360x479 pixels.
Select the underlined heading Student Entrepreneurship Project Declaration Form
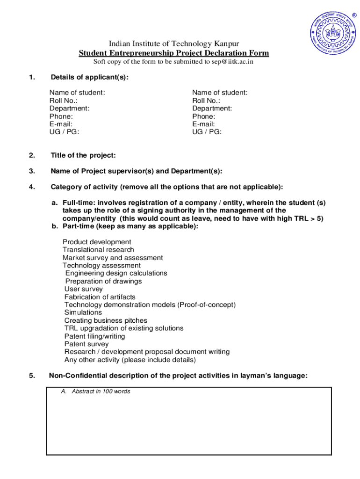tap(173, 53)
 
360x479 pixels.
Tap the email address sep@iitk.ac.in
tap(232, 62)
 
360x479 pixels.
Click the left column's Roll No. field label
tap(63, 101)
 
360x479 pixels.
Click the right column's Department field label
tap(212, 109)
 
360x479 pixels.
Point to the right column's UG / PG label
tap(207, 132)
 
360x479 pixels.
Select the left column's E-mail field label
tap(61, 124)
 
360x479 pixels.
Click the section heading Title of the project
tap(83, 155)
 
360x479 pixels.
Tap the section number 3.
tap(31, 171)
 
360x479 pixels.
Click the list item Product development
tap(97, 242)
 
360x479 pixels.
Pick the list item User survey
tap(83, 289)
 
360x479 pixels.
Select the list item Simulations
tap(83, 312)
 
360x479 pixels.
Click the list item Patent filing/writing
tap(94, 336)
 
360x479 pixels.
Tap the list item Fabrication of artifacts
tap(100, 297)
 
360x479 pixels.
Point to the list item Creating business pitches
tap(106, 320)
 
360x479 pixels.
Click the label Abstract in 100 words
tap(95, 392)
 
